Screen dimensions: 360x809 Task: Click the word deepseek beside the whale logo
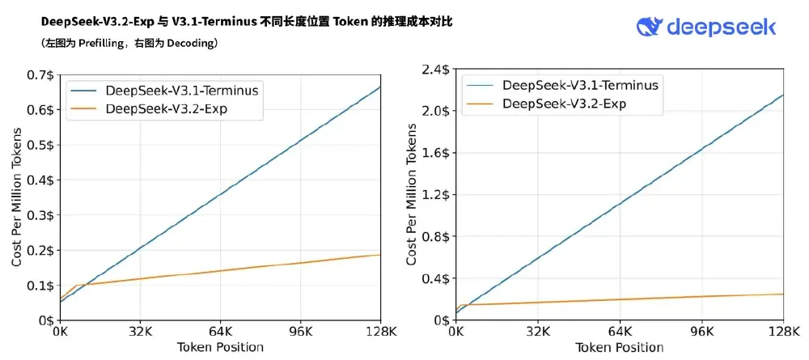point(721,28)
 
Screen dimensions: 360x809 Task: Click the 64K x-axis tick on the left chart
point(220,332)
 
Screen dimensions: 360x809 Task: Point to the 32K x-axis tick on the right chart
point(538,332)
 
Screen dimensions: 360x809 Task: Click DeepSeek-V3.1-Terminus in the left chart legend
point(181,91)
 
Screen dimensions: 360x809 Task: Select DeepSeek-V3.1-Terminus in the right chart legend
point(579,85)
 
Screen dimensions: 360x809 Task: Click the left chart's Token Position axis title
point(219,347)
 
